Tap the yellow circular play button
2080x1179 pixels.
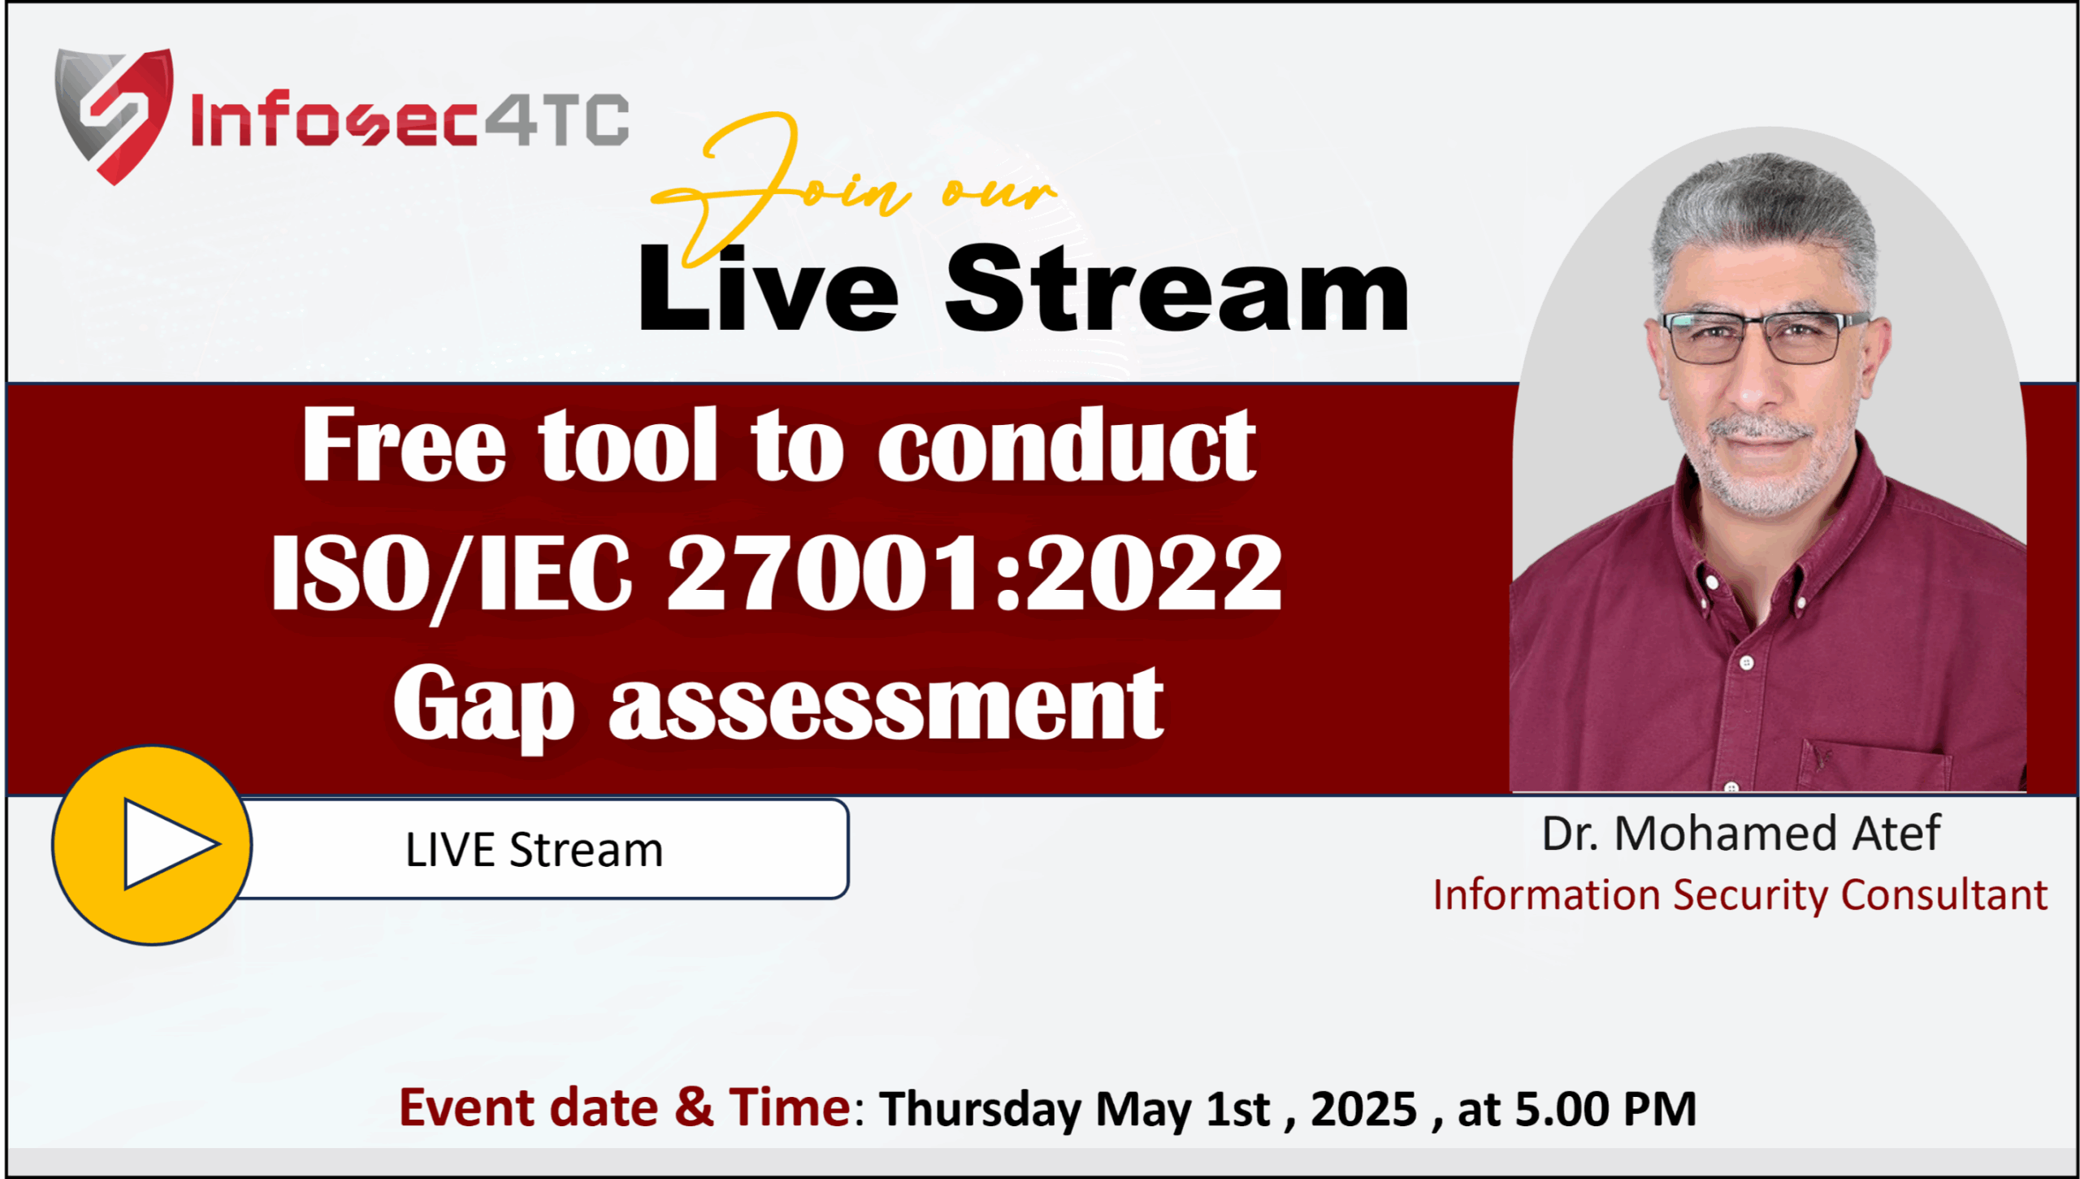[x=152, y=845]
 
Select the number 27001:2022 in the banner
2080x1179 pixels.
[x=974, y=573]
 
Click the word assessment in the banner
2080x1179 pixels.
[x=886, y=704]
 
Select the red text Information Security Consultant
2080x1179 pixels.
[x=1740, y=895]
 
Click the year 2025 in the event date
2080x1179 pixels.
[x=1363, y=1108]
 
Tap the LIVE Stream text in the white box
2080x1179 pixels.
[x=534, y=850]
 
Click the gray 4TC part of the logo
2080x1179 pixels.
[x=557, y=119]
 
